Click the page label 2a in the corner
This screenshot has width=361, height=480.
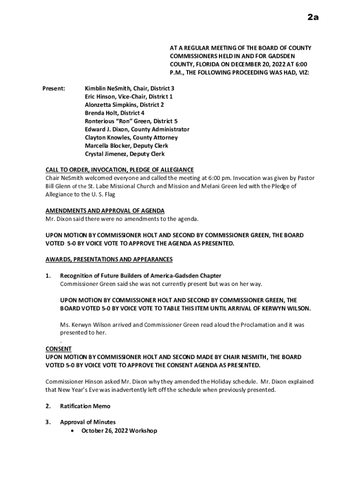tap(313, 18)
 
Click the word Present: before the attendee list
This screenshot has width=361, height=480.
tap(53, 88)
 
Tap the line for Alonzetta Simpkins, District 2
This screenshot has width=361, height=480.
tap(124, 105)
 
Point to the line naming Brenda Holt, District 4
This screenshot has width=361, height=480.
tap(114, 113)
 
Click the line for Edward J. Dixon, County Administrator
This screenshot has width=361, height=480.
tap(137, 129)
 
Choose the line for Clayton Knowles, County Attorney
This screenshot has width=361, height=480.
tap(131, 137)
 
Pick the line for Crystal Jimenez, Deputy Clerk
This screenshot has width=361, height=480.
tap(125, 154)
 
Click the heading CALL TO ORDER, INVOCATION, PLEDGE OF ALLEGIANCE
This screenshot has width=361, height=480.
tap(119, 170)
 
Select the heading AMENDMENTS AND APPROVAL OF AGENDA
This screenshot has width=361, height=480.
tap(105, 210)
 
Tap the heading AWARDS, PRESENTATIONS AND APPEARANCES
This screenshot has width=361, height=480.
tap(109, 259)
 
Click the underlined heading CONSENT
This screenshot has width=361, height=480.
tap(58, 349)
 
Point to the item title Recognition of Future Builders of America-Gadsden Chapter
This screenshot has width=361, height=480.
tap(141, 276)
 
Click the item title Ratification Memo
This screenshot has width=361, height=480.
tap(85, 406)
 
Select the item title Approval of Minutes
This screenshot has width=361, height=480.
tap(88, 422)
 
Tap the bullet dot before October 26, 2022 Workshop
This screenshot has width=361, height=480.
tap(71, 430)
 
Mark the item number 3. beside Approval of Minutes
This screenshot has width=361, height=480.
tap(48, 422)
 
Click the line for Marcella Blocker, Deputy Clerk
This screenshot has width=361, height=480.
tap(127, 146)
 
